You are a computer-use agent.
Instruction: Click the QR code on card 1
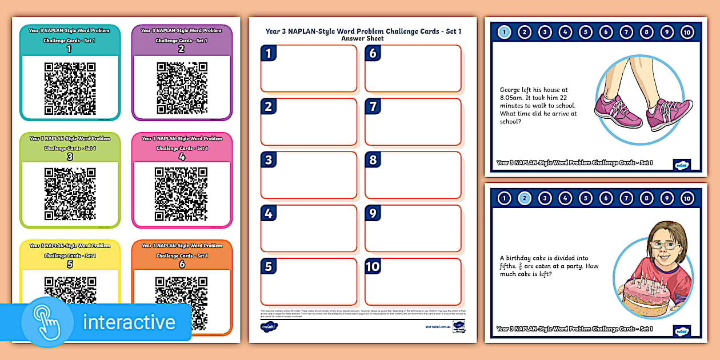tap(70, 89)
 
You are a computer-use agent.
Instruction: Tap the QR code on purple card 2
tap(182, 89)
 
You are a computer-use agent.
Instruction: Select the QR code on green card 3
tap(70, 194)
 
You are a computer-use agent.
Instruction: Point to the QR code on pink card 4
tap(182, 194)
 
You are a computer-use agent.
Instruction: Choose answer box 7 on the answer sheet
tap(413, 122)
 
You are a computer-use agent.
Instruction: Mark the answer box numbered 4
tap(309, 228)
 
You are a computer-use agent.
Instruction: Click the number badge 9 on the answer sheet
tap(373, 214)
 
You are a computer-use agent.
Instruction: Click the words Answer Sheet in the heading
tap(362, 38)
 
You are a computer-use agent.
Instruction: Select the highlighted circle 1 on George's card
tap(504, 32)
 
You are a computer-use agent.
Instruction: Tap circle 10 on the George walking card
tap(687, 32)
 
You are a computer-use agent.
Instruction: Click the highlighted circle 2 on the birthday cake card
tap(524, 198)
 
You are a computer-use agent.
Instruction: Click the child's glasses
tap(663, 244)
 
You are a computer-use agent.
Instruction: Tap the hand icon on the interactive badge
tap(48, 322)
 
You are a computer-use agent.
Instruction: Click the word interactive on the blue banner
tap(129, 322)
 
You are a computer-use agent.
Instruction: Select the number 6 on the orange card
tap(182, 265)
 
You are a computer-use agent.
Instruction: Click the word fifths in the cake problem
tap(509, 266)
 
